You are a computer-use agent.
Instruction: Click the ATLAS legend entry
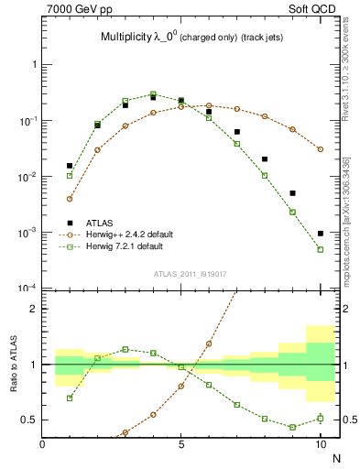click(x=101, y=223)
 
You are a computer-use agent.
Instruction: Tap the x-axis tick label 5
click(x=181, y=444)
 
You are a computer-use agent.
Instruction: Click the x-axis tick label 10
click(x=320, y=444)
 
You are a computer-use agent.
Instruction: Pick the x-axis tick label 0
click(x=43, y=444)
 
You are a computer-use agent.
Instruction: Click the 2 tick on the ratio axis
click(x=34, y=309)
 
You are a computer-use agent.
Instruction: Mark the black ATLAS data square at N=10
click(x=320, y=234)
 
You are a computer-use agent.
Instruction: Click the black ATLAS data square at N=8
click(x=265, y=159)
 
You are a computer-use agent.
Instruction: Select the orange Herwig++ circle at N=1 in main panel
click(x=70, y=198)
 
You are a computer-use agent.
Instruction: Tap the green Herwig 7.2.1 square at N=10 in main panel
click(x=320, y=249)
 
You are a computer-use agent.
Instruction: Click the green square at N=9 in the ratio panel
click(x=292, y=427)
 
